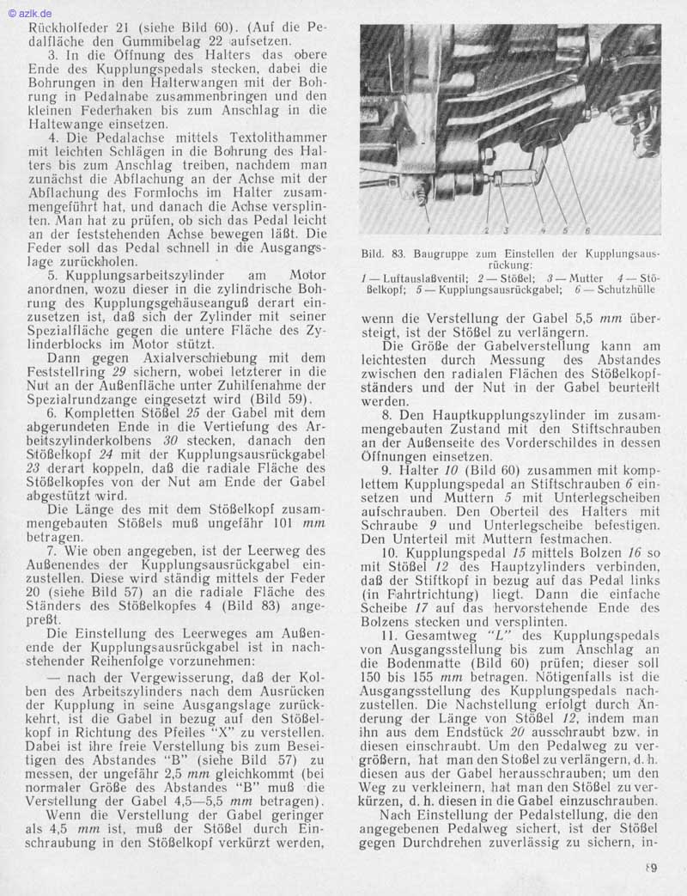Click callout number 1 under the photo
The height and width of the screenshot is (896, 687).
[x=428, y=231]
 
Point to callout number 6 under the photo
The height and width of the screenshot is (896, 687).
[x=587, y=230]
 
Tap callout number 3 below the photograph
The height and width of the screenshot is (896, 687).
[x=507, y=230]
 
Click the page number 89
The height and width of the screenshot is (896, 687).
[x=652, y=868]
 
